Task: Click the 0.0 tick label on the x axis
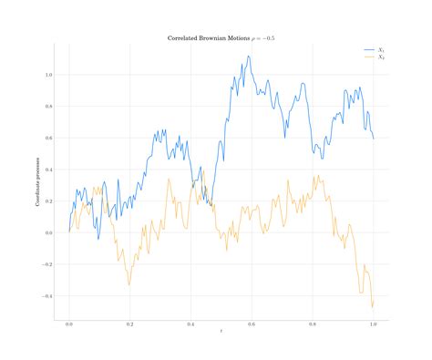69,324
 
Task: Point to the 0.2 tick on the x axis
130,324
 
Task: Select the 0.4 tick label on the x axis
190,324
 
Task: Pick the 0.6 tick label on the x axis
252,324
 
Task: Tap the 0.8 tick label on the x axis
313,324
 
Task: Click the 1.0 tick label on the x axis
373,324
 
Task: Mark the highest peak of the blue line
248,56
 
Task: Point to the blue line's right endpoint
374,138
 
